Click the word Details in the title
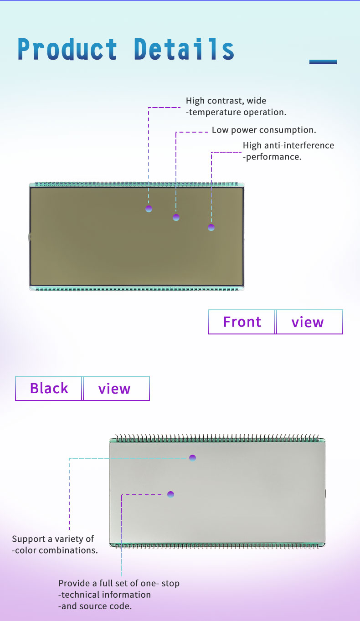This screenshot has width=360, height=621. (184, 49)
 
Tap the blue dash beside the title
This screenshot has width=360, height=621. (323, 62)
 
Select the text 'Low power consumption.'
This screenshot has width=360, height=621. (264, 130)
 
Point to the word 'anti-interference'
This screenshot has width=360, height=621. (299, 145)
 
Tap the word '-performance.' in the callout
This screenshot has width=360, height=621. (272, 157)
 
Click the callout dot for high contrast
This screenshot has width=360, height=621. (149, 209)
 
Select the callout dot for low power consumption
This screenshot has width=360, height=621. (176, 217)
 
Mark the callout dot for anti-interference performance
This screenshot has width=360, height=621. (211, 227)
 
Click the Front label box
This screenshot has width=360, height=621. (242, 322)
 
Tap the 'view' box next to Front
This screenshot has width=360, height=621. (309, 322)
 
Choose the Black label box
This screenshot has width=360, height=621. (49, 388)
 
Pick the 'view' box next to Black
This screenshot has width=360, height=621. (116, 388)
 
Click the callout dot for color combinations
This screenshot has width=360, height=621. (192, 458)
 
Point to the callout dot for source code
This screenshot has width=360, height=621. (170, 494)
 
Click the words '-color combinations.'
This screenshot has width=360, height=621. (55, 550)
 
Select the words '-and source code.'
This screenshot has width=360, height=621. (95, 606)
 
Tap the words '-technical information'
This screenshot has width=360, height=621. (104, 595)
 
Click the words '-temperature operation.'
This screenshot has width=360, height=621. (236, 112)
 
